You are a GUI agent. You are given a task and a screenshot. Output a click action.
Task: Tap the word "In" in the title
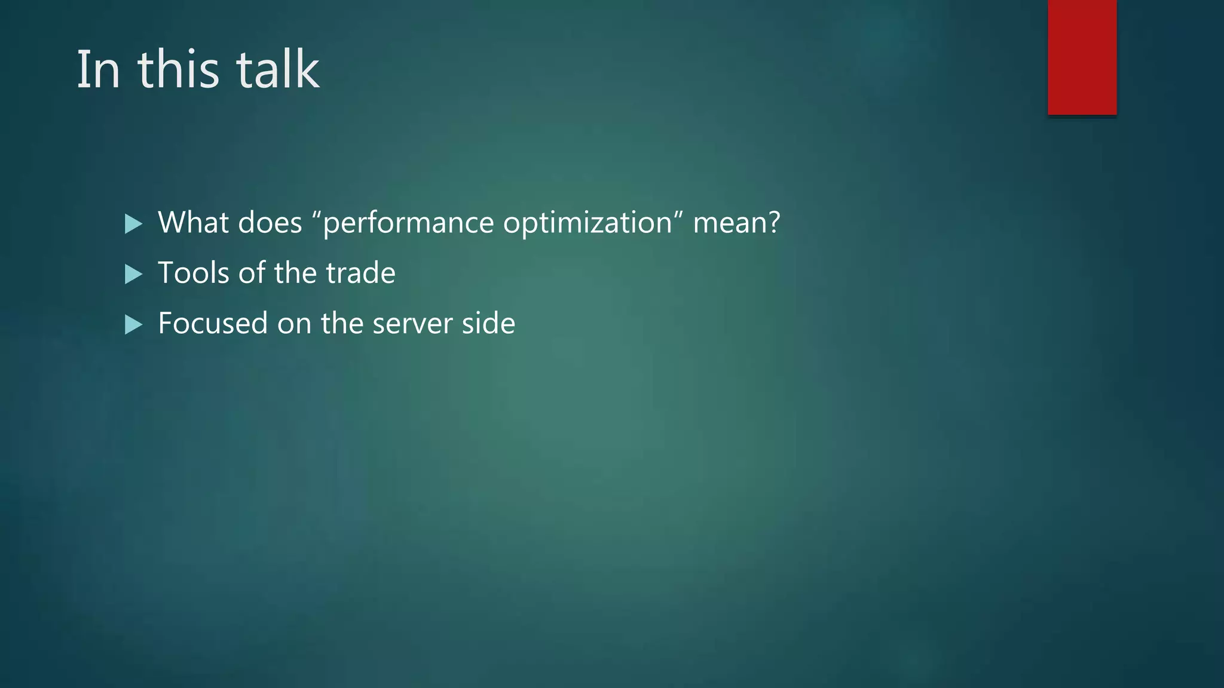click(98, 70)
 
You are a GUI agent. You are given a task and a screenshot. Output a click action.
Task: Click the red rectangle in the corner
click(1082, 57)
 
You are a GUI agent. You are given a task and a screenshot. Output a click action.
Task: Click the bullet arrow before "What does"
click(133, 225)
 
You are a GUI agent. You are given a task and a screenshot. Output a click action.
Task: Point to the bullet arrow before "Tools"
click(133, 275)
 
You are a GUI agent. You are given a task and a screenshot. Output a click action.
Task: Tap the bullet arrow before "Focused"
click(133, 325)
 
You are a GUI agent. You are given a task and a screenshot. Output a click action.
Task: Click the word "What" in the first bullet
click(193, 223)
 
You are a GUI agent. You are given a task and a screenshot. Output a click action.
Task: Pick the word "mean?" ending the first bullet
click(736, 223)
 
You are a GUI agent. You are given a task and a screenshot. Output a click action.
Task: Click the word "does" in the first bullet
click(270, 223)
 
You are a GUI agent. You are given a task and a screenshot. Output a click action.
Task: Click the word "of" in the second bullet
click(252, 273)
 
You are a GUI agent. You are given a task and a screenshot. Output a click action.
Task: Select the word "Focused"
click(213, 323)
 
